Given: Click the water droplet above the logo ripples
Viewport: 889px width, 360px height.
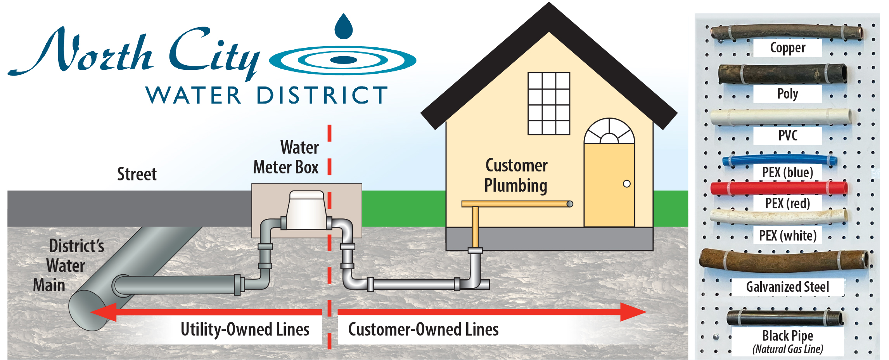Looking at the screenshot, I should [x=344, y=27].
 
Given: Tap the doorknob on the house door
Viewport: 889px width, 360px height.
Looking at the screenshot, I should [x=626, y=184].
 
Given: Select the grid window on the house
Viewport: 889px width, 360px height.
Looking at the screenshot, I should [x=549, y=104].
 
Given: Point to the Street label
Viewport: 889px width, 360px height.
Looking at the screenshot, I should [x=137, y=174].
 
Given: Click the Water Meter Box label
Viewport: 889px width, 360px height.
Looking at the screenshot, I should [x=286, y=157].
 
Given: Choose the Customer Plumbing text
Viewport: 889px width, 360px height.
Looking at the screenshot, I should [x=516, y=175].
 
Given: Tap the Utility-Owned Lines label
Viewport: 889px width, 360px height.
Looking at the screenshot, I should [x=245, y=329].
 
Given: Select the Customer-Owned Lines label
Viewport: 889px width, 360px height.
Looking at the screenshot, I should [x=423, y=329].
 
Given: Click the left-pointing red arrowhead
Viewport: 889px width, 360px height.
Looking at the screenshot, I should [x=104, y=312].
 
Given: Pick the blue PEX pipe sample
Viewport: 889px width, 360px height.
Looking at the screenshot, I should [x=780, y=159].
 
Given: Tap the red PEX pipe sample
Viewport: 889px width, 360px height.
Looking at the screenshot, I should [x=779, y=188].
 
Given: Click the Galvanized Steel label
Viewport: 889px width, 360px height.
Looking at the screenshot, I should [x=787, y=287].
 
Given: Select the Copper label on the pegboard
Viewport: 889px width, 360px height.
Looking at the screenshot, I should [x=787, y=48].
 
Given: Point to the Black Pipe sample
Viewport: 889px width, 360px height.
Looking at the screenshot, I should [x=784, y=318].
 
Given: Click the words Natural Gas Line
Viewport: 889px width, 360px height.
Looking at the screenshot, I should [x=787, y=349].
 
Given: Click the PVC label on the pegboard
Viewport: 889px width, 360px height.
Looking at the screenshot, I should [x=787, y=135].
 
